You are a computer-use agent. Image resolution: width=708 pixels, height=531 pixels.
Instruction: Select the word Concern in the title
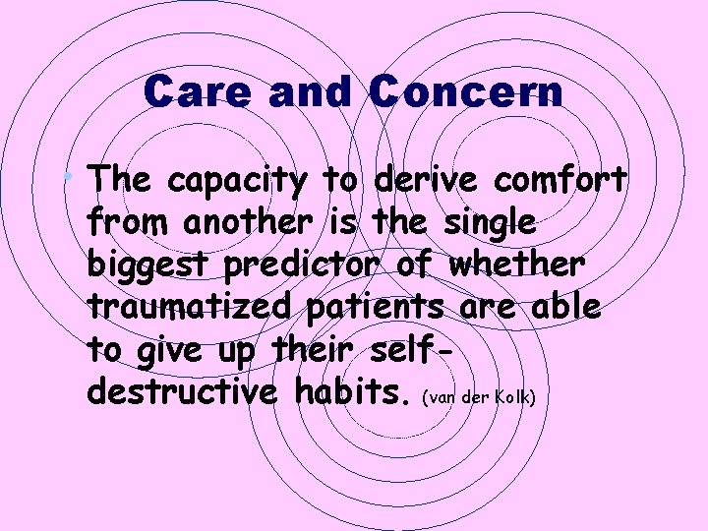point(467,93)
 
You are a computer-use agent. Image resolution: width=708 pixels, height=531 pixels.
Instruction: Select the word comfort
point(561,181)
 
